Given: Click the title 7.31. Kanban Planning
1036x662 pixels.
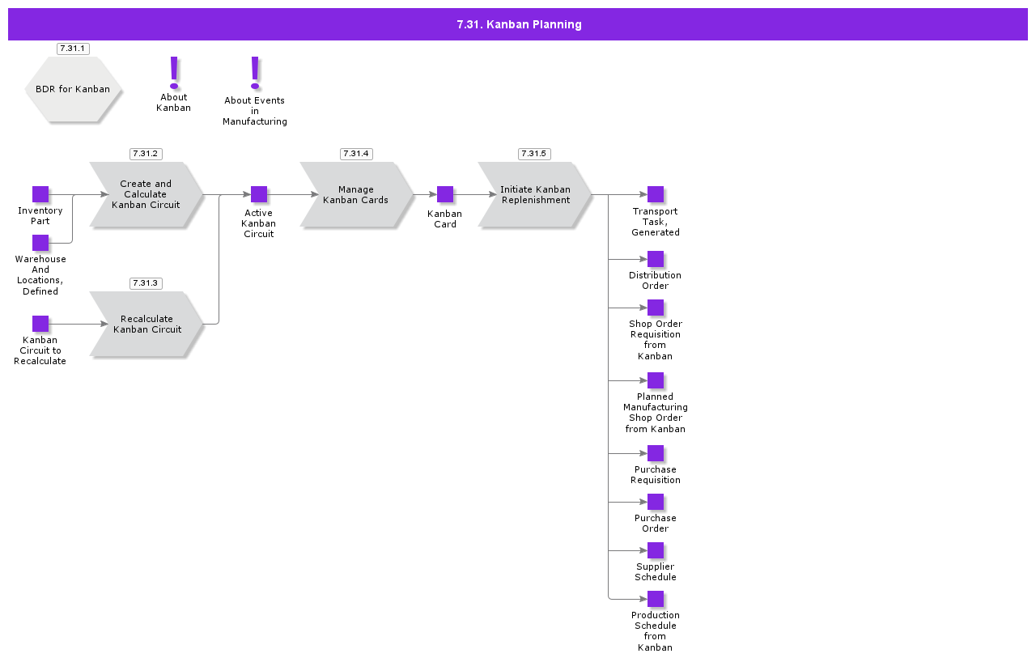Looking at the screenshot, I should click(518, 24).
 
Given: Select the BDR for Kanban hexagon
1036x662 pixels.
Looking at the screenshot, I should click(73, 89).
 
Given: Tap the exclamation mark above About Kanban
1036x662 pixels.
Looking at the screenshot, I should click(174, 72).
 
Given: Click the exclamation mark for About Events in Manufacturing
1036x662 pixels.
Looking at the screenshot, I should click(255, 72).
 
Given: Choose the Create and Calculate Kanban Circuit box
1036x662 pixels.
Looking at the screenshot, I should click(146, 194).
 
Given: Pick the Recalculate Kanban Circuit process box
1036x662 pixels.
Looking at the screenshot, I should click(146, 324).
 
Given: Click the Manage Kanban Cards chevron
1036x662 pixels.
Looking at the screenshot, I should click(356, 194).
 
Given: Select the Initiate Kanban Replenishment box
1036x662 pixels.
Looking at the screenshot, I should click(534, 194).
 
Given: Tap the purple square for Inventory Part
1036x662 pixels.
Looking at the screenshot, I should click(40, 194).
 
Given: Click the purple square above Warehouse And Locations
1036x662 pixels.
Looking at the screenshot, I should click(40, 243).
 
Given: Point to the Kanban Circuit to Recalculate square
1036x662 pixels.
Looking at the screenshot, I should click(40, 324).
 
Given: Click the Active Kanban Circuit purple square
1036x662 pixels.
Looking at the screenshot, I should click(259, 194).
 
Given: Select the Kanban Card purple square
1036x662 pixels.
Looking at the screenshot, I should click(445, 194).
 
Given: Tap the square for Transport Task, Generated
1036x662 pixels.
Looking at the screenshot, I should click(656, 194).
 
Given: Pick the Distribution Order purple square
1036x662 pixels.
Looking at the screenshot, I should click(656, 259).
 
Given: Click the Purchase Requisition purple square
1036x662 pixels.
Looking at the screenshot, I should click(656, 453).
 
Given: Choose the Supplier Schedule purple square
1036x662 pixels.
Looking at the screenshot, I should click(656, 550).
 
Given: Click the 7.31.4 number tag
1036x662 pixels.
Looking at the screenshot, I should click(356, 154).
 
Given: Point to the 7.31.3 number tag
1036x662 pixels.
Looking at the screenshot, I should click(146, 283).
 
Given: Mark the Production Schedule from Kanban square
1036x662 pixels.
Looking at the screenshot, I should click(656, 599).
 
